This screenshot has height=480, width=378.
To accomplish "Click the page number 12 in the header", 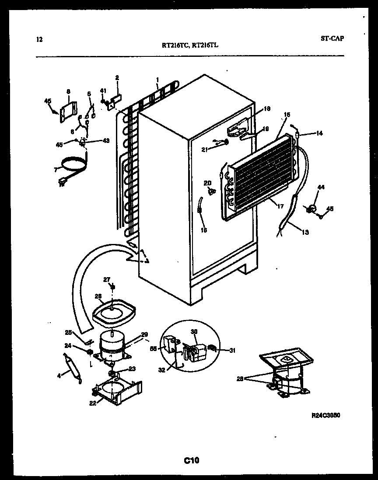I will pos(40,40).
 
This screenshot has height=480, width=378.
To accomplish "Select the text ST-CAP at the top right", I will pos(332,38).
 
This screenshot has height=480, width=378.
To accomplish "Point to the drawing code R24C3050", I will pos(325,415).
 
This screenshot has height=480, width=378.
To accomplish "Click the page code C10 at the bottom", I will pos(191,460).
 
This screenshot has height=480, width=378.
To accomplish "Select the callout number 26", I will pos(98,296).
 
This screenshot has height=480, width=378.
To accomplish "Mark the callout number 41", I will pos(103,90).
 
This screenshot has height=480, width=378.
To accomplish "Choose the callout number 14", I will pos(319,133).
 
